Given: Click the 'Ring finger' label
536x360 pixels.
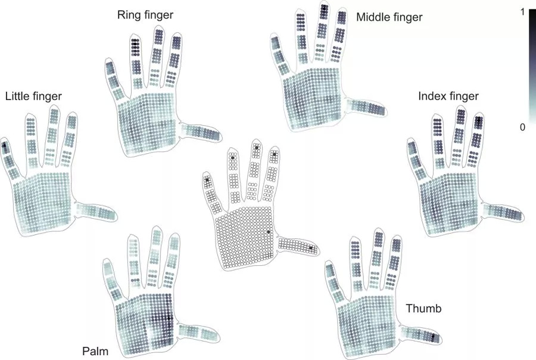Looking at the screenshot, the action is click(x=145, y=15).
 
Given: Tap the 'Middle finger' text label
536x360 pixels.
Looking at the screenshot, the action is click(x=389, y=17).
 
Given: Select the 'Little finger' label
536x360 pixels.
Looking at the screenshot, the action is click(x=33, y=97).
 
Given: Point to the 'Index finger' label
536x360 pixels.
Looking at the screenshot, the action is click(x=448, y=97).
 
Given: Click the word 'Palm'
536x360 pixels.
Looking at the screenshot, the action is click(x=95, y=352).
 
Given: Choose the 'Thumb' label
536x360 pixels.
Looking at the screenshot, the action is click(x=423, y=309).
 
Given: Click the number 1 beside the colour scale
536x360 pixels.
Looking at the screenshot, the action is click(x=522, y=12).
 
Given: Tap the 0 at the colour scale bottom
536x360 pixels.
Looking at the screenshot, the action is click(x=522, y=128).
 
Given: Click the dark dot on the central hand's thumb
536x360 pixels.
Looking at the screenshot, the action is click(x=311, y=248).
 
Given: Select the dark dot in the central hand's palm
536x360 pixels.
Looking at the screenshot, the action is click(x=269, y=232).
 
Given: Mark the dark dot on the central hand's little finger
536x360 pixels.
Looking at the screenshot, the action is click(x=207, y=179).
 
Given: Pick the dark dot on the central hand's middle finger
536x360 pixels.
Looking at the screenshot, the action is click(x=256, y=147).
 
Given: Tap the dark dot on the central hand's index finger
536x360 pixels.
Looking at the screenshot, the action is click(x=275, y=154).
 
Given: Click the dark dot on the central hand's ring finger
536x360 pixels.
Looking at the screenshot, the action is click(x=232, y=157).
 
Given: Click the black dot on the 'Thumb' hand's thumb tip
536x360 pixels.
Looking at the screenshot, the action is click(x=433, y=336).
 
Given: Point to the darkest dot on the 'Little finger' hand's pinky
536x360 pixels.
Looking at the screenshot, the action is click(x=4, y=145).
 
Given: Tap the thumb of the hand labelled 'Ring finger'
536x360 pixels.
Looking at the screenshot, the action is click(x=201, y=132).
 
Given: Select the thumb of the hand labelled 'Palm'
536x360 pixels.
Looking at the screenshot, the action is click(x=199, y=332).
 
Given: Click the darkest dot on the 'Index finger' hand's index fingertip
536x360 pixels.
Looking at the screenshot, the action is click(x=479, y=120).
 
